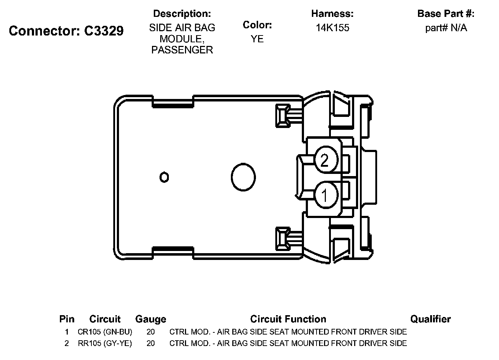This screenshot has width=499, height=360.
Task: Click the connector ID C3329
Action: point(104,31)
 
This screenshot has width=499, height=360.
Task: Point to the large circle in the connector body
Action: point(243,177)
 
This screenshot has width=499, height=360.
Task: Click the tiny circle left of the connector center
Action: point(164,177)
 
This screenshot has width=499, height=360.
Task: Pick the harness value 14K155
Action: point(332,28)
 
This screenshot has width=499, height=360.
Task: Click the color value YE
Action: point(257,39)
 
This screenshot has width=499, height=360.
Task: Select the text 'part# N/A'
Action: point(446,28)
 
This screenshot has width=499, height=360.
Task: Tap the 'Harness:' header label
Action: point(332,14)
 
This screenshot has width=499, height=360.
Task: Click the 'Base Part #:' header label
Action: point(446,14)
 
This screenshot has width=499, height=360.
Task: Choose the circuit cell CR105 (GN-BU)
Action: point(105,332)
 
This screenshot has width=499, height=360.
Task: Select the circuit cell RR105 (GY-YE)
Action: point(105,343)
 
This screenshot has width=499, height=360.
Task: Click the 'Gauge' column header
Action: point(151,319)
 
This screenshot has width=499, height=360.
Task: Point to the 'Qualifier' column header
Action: point(430,319)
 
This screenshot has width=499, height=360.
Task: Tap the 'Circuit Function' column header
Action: point(288,319)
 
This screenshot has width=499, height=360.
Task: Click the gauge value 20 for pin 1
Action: point(151,332)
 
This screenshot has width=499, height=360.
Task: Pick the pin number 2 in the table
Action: point(67,343)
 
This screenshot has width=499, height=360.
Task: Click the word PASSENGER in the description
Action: point(182,50)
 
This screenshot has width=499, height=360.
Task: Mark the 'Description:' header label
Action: point(182,14)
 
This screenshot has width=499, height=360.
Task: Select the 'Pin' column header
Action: point(67,319)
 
